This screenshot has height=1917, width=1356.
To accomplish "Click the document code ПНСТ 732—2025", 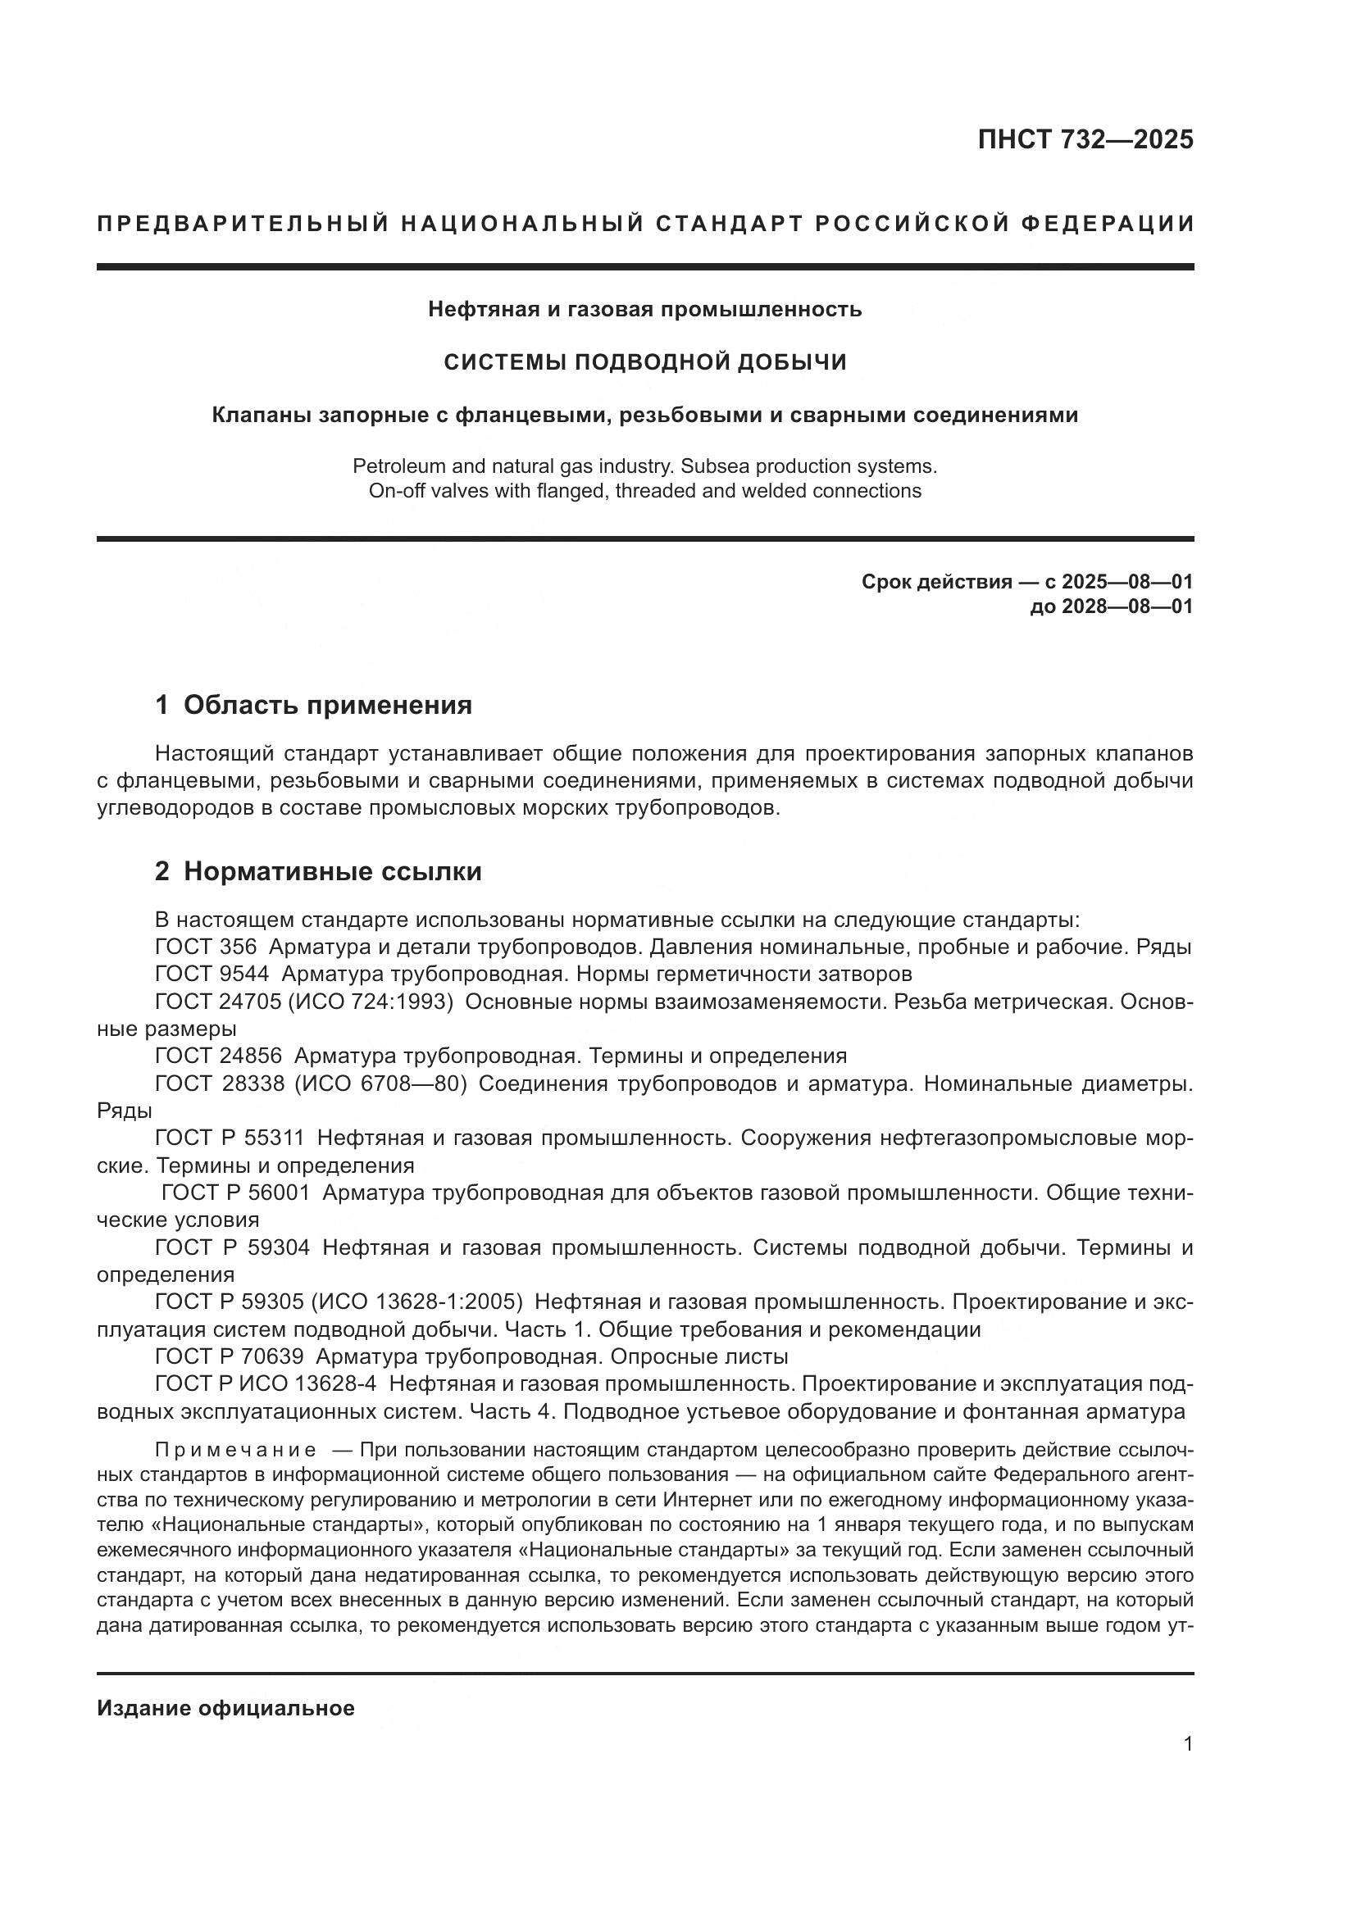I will (1085, 139).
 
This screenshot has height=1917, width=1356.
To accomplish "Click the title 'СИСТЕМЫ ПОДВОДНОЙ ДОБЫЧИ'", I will (644, 361).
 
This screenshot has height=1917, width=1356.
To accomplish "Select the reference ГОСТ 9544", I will (212, 974).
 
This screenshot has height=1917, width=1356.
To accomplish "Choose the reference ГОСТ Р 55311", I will (230, 1138).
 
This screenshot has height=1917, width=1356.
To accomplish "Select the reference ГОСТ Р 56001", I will (235, 1192).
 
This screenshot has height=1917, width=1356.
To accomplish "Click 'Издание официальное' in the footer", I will (225, 1708).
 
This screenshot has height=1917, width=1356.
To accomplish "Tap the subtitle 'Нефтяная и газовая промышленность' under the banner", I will (644, 309).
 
